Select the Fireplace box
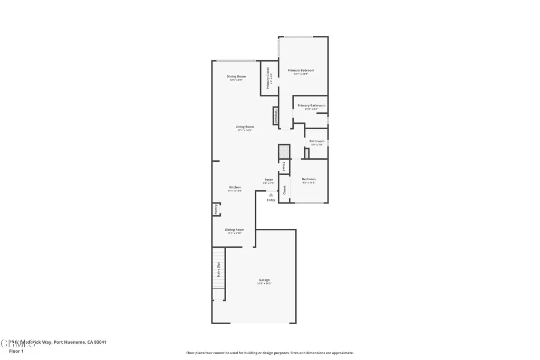[x=275, y=116]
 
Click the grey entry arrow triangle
[x=271, y=195]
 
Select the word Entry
[x=271, y=200]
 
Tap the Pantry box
[x=216, y=209]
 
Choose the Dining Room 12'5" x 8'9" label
[x=236, y=77]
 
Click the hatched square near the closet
[x=284, y=152]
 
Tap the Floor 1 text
[x=16, y=351]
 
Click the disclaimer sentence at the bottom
[x=269, y=353]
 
